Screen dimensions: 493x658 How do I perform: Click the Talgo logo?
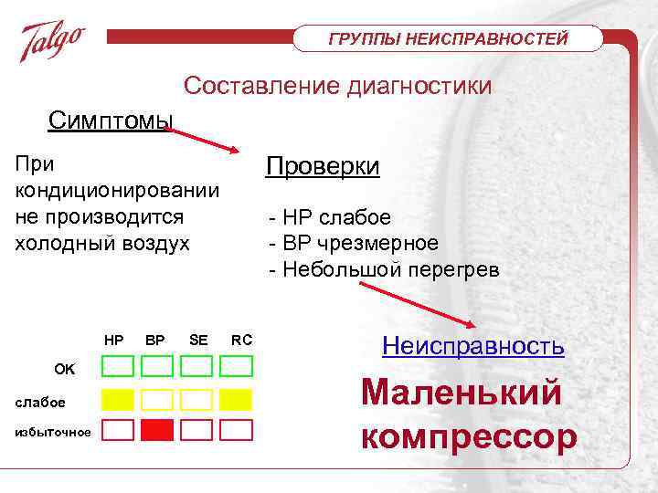point(53,42)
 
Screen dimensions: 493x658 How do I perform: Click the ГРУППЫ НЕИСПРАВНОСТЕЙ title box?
point(448,38)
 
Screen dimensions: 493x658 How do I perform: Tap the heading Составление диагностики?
point(337,86)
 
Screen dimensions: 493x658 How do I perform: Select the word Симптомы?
point(111,120)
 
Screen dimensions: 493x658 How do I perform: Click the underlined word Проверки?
point(323,167)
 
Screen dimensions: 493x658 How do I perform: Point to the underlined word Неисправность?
point(472,346)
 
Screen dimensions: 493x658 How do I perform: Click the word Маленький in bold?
point(461,392)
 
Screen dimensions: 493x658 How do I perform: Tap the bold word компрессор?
point(469,435)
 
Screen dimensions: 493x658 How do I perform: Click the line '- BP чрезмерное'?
point(353,244)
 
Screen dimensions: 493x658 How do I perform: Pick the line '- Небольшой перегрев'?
point(384,270)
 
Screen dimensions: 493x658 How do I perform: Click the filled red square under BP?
point(156,430)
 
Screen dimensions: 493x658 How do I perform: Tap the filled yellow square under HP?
point(117,399)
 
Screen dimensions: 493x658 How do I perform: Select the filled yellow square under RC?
point(236,399)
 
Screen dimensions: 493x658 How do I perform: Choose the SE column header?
point(197,340)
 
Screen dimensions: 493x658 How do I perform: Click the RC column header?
point(242,340)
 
